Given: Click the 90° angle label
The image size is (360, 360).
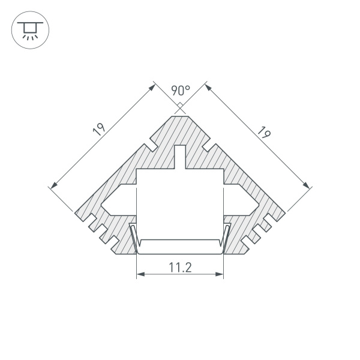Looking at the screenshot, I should point(180,91).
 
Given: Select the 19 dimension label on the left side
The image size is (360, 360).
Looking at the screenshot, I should point(100,130).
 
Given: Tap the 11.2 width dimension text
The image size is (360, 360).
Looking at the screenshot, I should point(179,268).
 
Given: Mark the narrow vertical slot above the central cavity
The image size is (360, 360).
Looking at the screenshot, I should point(180,157).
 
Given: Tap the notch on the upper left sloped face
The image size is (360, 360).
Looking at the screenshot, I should point(151,146).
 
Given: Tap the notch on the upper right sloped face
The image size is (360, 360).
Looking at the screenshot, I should point(209,146).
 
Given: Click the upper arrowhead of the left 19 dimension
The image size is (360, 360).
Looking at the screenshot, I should point(152,86).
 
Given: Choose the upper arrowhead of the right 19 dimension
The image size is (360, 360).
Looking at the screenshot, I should point(208,86).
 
